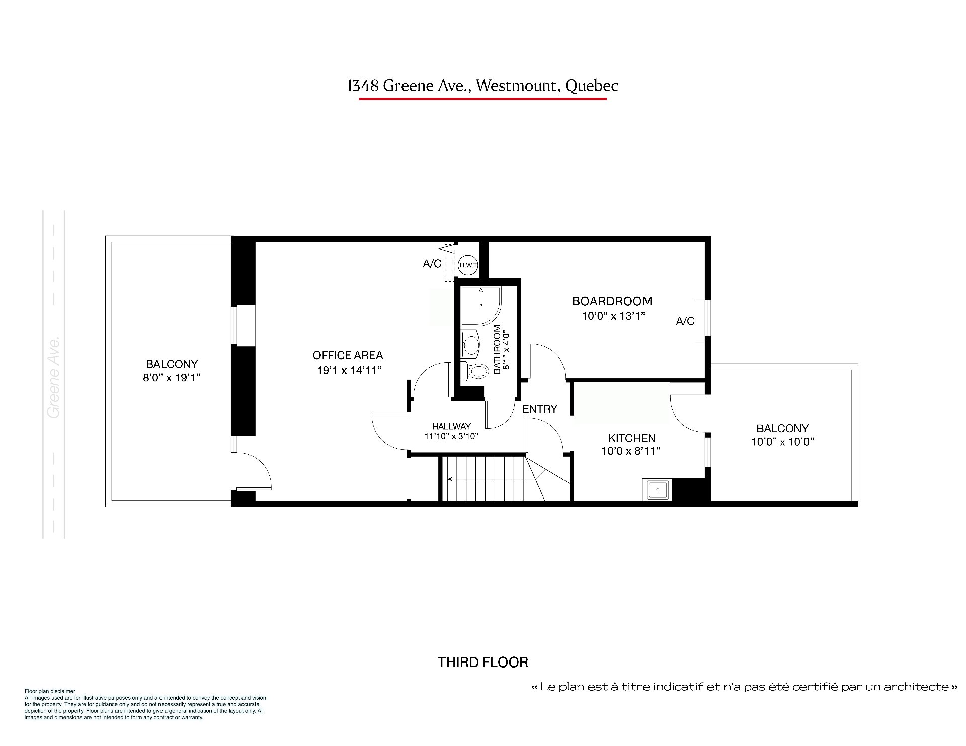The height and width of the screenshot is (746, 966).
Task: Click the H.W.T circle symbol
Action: point(467,265)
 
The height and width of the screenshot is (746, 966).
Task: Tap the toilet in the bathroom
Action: point(475,371)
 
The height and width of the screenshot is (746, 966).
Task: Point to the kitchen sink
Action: point(657,489)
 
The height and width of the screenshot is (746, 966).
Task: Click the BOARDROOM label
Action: point(612,301)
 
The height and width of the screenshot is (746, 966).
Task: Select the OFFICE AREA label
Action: point(348,355)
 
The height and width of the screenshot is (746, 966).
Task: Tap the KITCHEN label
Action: point(632,438)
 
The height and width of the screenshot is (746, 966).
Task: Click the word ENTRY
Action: point(540,409)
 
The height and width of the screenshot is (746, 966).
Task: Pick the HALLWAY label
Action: point(451,426)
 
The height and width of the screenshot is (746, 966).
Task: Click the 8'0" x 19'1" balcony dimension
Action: point(172,378)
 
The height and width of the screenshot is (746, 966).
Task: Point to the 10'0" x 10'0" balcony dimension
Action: point(782,442)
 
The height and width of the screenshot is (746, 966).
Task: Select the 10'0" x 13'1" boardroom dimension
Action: point(613,316)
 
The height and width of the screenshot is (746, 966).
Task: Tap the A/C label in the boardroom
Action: point(685,321)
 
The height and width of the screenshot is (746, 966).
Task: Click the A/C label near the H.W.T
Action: point(432,264)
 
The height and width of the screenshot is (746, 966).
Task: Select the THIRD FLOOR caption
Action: point(483,662)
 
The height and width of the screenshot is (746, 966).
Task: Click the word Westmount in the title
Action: point(518,86)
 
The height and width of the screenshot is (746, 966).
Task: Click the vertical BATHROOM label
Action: point(497,350)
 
